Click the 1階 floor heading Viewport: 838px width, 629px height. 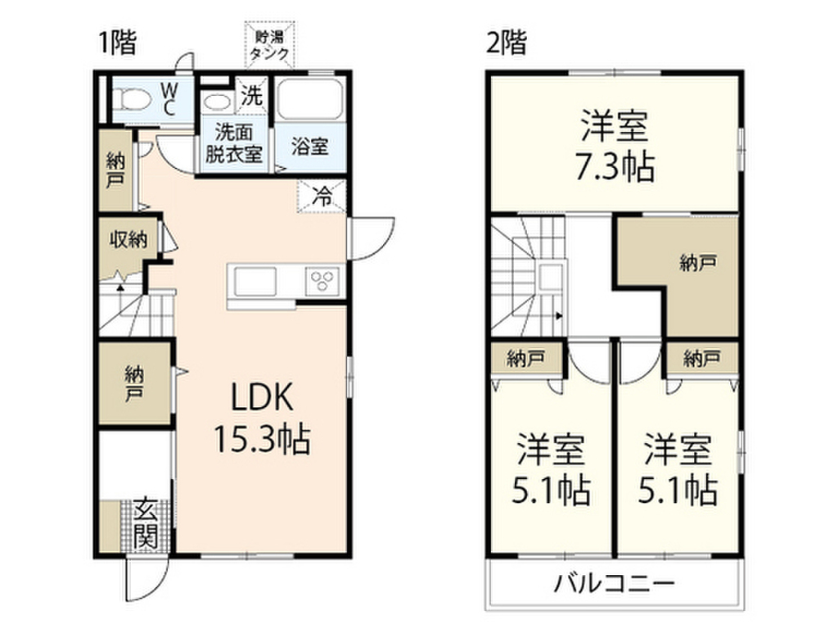(118, 43)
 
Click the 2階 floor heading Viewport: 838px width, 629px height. (506, 43)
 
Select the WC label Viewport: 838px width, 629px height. (169, 99)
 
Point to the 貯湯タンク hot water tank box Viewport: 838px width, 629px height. (270, 46)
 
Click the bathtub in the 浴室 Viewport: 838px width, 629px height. (310, 100)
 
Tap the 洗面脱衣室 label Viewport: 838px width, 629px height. (233, 143)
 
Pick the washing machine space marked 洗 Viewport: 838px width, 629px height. (252, 96)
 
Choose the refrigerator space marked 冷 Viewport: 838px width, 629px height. (322, 197)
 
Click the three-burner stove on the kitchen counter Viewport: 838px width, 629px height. (322, 281)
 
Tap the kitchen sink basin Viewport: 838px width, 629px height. (255, 281)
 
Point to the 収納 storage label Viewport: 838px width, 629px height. (128, 239)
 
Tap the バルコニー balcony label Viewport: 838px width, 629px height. (614, 583)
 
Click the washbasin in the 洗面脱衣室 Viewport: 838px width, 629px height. (217, 102)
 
